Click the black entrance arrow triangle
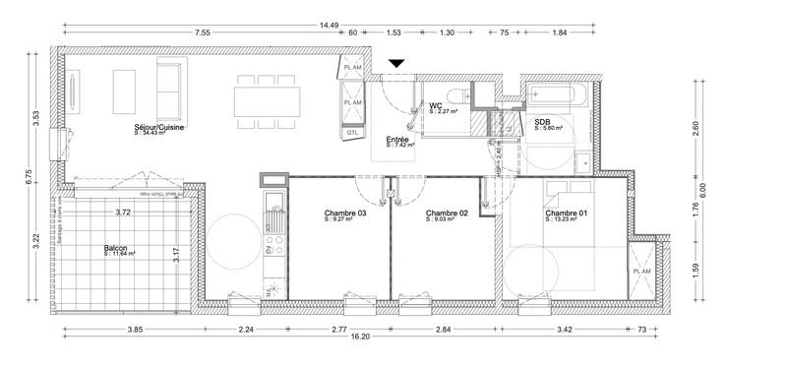(x=396, y=64)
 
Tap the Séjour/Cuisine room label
(x=160, y=128)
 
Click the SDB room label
(x=543, y=123)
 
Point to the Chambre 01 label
(x=568, y=214)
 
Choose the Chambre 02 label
(x=446, y=214)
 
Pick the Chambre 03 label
(x=345, y=214)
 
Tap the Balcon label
(x=116, y=249)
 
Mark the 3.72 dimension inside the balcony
(x=123, y=213)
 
